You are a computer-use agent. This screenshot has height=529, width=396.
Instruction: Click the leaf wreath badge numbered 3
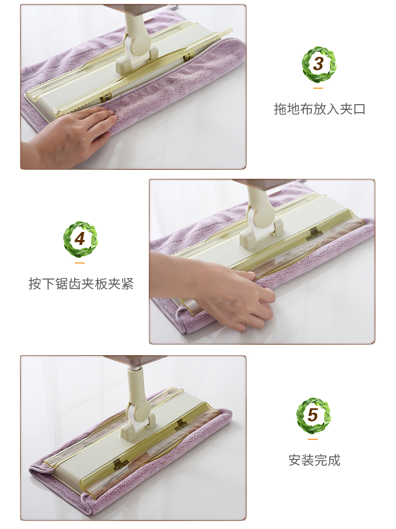[318, 65]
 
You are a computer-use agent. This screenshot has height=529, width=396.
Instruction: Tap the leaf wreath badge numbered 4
[80, 239]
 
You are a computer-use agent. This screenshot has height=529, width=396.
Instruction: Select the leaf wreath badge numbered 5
[313, 415]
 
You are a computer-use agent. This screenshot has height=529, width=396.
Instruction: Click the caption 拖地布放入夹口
[319, 109]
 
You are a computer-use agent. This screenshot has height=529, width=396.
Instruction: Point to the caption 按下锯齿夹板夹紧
[81, 284]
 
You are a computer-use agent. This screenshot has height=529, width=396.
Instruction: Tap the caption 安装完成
[314, 460]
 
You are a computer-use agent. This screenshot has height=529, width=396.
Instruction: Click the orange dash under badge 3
[318, 88]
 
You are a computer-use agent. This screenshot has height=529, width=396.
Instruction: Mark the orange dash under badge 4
[80, 263]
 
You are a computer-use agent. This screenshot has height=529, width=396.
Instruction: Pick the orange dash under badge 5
[313, 439]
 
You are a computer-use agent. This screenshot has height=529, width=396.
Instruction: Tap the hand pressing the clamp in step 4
[216, 287]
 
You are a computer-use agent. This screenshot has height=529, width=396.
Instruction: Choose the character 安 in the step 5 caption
[295, 460]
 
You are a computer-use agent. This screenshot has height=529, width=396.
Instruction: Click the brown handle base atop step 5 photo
[135, 361]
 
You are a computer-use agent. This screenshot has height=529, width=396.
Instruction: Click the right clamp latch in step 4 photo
[313, 235]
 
